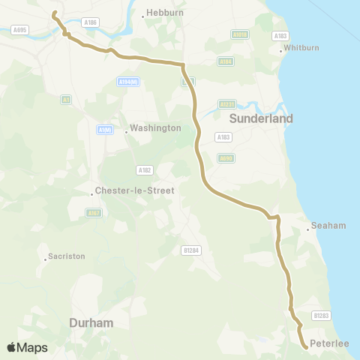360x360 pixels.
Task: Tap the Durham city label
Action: pyautogui.click(x=91, y=322)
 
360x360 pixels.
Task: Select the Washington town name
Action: pyautogui.click(x=155, y=128)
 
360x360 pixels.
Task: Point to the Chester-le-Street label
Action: pyautogui.click(x=134, y=190)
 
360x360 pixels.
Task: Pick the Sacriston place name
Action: pyautogui.click(x=66, y=256)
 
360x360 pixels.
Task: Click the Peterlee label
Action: pyautogui.click(x=331, y=343)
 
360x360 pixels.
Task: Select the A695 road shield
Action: pyautogui.click(x=20, y=30)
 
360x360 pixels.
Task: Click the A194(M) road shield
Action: pyautogui.click(x=128, y=81)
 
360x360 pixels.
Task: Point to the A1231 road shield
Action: pyautogui.click(x=227, y=104)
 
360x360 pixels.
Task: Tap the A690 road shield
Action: pyautogui.click(x=226, y=157)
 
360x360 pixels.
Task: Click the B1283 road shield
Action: pyautogui.click(x=322, y=316)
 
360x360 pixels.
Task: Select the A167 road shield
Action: pyautogui.click(x=93, y=213)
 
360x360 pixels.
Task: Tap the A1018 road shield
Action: pyautogui.click(x=240, y=34)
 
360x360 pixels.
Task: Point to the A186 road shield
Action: pyautogui.click(x=91, y=23)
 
